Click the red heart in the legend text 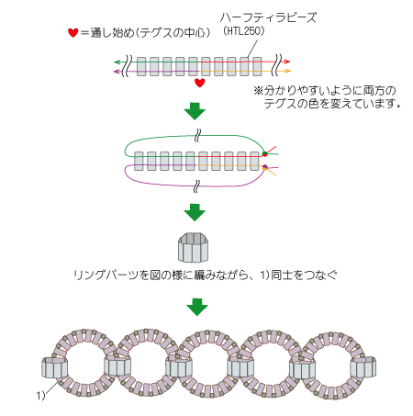(x=73, y=32)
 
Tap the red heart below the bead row (x=200, y=83)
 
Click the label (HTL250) (x=243, y=30)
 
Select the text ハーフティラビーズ (x=268, y=17)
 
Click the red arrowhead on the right (x=286, y=62)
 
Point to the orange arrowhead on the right (x=287, y=72)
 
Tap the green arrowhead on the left (x=117, y=62)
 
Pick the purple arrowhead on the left (x=117, y=72)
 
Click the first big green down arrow (x=195, y=110)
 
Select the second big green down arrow (x=195, y=212)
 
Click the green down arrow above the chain (x=197, y=307)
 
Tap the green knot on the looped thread (x=265, y=153)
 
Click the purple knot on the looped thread (x=265, y=167)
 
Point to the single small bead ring (x=194, y=247)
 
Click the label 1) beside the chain (x=40, y=395)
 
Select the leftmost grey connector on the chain (x=54, y=367)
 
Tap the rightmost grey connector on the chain (x=363, y=367)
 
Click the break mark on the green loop (x=197, y=136)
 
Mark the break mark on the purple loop (x=196, y=186)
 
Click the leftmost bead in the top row (x=141, y=66)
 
